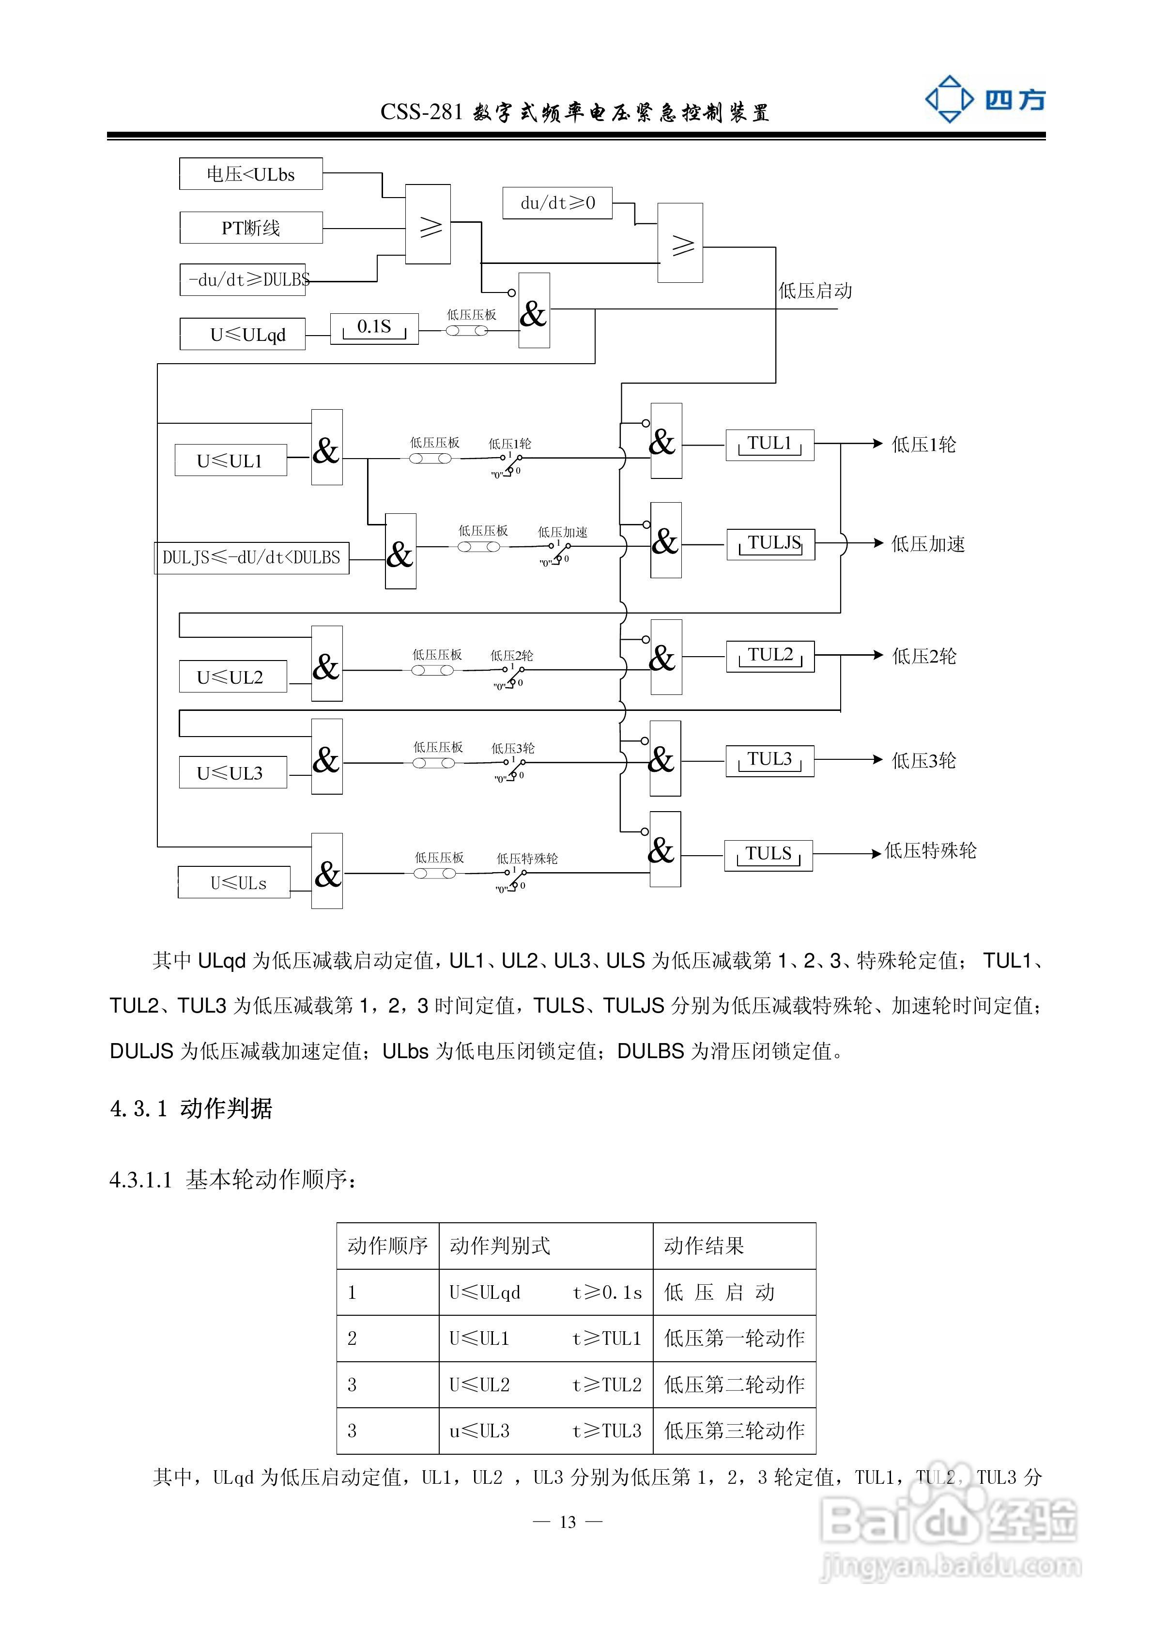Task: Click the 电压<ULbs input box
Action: [251, 174]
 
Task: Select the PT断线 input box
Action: [251, 228]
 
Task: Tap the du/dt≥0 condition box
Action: [557, 203]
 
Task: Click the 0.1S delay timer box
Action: [374, 328]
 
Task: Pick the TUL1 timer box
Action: [769, 445]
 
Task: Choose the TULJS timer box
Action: [770, 544]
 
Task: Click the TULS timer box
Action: [768, 855]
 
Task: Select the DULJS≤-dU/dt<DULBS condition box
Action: [251, 558]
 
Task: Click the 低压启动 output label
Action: [815, 291]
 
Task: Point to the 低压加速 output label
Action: [928, 545]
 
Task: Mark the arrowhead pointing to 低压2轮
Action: [877, 655]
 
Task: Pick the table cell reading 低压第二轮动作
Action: [734, 1385]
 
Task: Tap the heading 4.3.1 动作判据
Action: [191, 1109]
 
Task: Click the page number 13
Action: [568, 1522]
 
